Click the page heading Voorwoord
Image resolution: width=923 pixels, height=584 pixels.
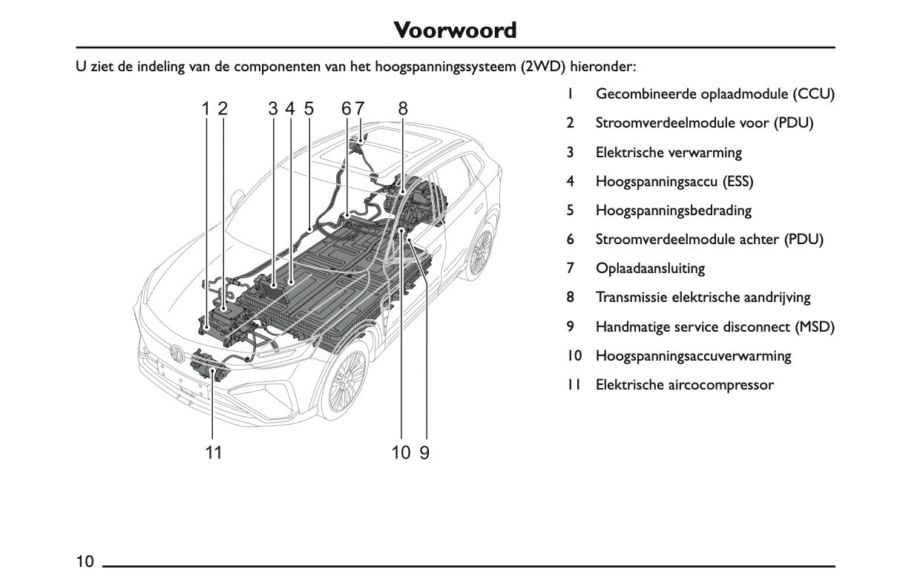(x=454, y=30)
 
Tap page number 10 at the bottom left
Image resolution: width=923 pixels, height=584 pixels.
(x=85, y=561)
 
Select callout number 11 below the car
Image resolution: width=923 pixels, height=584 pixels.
(x=214, y=452)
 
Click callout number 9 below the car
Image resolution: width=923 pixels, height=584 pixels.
(x=424, y=452)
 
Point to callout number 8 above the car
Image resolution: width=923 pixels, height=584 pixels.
(x=403, y=108)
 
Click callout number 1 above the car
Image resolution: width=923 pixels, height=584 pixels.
(x=206, y=108)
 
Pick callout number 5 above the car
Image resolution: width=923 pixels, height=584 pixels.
(x=308, y=108)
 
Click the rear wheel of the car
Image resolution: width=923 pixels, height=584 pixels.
(x=480, y=252)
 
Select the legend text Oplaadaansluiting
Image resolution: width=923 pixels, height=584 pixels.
(x=650, y=269)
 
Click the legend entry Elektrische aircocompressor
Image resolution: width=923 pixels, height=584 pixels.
(x=684, y=385)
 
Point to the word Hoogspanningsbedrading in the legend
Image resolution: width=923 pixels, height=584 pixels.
(x=673, y=211)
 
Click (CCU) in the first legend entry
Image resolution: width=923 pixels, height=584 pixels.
(x=813, y=95)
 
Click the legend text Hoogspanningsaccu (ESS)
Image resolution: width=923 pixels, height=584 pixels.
(x=674, y=182)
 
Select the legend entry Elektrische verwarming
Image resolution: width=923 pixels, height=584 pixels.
(x=669, y=153)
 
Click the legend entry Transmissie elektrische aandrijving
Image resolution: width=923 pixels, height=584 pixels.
(x=703, y=298)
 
